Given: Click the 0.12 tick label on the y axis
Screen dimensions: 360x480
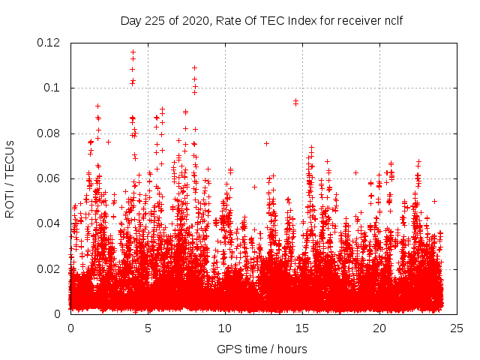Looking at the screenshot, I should click(x=49, y=43).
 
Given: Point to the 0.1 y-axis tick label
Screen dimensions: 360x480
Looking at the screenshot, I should click(x=53, y=88).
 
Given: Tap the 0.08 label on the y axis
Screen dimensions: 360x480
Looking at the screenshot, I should click(x=49, y=133).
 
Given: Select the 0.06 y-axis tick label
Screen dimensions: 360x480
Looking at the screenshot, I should click(x=49, y=178).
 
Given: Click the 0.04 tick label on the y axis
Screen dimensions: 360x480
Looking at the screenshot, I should click(x=49, y=223).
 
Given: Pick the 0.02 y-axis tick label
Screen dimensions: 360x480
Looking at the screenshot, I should click(x=49, y=268).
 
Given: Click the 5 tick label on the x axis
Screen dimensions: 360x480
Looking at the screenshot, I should click(x=148, y=328).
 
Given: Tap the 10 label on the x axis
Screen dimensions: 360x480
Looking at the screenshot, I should click(x=225, y=328).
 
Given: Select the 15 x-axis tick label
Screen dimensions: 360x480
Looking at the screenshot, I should click(x=302, y=328).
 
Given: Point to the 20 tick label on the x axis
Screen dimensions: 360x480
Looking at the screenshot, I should click(x=379, y=328).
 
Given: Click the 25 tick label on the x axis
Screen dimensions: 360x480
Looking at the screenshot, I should click(x=457, y=328).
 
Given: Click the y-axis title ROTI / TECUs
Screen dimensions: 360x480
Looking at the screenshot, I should click(x=10, y=178).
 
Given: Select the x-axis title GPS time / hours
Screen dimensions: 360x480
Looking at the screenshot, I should click(x=262, y=349).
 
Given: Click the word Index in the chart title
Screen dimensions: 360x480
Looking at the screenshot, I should click(x=296, y=20).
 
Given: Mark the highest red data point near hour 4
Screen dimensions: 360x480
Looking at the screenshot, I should click(x=133, y=52).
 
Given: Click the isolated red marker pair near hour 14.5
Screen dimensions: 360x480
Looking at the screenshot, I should click(x=295, y=101).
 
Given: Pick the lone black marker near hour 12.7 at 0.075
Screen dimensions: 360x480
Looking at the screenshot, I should click(x=266, y=143).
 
